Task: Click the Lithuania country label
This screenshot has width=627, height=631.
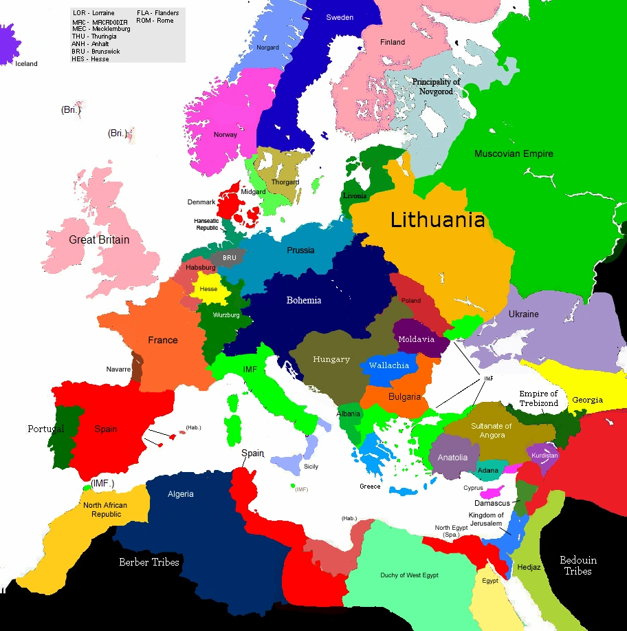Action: (438, 220)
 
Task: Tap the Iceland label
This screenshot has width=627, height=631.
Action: (27, 64)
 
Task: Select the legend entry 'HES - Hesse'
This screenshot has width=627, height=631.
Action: (90, 59)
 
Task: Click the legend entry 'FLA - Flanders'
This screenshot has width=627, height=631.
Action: (157, 13)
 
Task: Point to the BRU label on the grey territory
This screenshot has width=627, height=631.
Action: (229, 258)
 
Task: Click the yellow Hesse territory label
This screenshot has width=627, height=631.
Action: (208, 289)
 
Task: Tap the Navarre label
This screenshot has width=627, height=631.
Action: (118, 370)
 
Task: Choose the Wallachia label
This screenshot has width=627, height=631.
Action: (389, 365)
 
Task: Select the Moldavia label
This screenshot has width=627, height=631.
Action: (417, 339)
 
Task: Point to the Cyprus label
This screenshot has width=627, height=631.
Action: (473, 489)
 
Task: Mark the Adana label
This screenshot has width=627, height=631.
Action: (487, 471)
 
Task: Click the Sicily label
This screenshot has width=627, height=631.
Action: (311, 467)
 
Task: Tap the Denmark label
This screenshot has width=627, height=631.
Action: (201, 202)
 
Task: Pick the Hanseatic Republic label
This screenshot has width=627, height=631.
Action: (207, 224)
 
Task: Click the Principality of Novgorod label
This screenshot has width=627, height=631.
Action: (436, 86)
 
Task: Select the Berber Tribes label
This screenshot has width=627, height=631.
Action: (149, 562)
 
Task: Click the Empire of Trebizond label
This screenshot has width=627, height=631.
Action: (538, 398)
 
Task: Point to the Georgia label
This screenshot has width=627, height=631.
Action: (587, 400)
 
